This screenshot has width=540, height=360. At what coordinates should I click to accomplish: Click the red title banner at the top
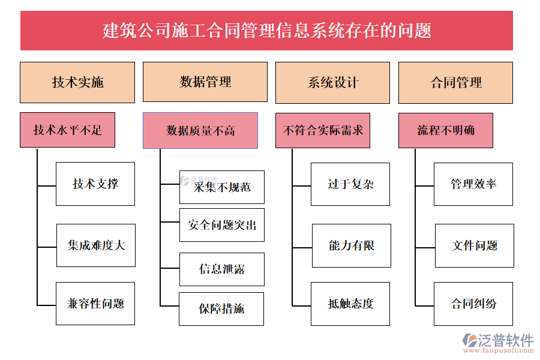266,30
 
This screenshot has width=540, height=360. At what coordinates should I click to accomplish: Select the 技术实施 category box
77,82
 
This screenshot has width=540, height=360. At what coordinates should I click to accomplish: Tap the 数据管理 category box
205,82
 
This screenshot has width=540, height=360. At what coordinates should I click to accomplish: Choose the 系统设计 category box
332,82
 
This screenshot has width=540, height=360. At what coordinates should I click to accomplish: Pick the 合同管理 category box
455,82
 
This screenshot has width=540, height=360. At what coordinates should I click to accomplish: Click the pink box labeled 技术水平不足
67,130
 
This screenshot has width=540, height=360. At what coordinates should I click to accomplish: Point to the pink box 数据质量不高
200,130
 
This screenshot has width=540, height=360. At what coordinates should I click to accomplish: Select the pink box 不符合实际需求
323,130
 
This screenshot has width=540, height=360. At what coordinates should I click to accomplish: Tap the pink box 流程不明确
446,130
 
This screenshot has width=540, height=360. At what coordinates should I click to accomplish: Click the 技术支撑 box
95,184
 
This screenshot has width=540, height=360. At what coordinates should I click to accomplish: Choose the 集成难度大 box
96,245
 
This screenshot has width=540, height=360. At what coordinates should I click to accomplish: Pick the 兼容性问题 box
95,304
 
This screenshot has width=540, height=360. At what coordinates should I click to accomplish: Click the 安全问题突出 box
221,225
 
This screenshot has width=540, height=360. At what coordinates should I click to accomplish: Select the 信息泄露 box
221,269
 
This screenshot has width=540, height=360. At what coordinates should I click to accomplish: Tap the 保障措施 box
221,308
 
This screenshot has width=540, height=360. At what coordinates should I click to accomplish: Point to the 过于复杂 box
350,184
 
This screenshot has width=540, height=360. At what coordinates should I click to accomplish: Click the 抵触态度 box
350,304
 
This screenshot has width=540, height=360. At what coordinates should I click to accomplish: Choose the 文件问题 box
474,245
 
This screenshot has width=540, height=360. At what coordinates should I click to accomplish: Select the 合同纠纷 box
473,304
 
